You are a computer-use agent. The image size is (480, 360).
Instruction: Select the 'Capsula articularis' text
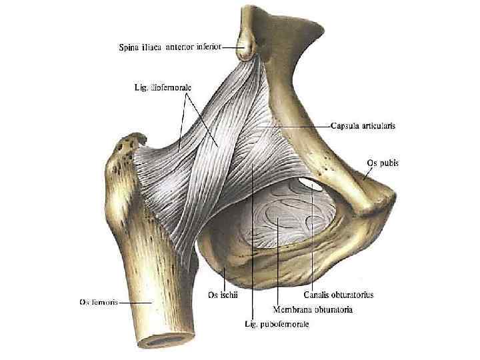click(363, 125)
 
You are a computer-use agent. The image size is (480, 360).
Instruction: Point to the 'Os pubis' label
click(383, 162)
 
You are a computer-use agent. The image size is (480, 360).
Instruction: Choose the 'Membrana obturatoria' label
click(313, 309)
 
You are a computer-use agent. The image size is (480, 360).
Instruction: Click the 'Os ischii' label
click(222, 294)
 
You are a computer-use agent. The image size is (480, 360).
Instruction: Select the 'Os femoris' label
click(97, 302)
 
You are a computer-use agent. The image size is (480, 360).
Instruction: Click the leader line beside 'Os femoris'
click(130, 302)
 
